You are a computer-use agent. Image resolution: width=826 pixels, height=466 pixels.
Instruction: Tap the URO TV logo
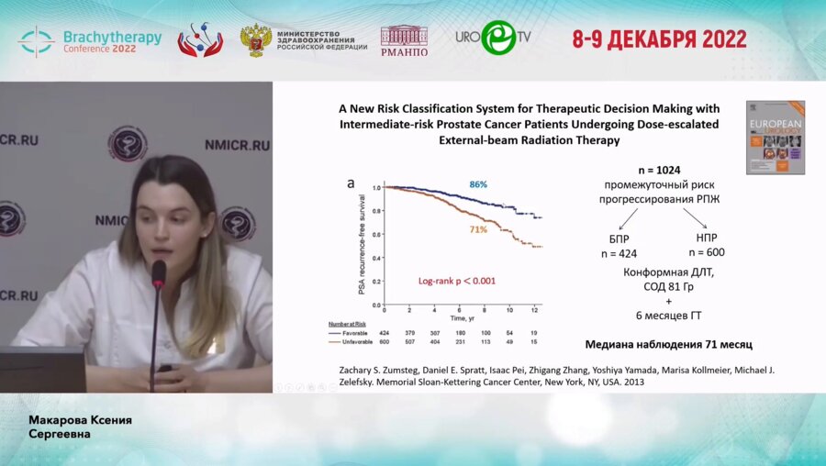point(493,39)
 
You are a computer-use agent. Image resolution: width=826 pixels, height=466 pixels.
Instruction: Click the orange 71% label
point(478,229)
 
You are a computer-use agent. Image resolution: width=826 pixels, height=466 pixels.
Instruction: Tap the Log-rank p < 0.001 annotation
point(456,280)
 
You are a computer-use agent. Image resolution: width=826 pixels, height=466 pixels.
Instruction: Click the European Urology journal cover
point(775,138)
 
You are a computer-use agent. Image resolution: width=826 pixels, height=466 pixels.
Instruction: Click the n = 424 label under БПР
point(618,254)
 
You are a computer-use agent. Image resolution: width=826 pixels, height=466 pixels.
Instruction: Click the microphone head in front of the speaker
point(159,272)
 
